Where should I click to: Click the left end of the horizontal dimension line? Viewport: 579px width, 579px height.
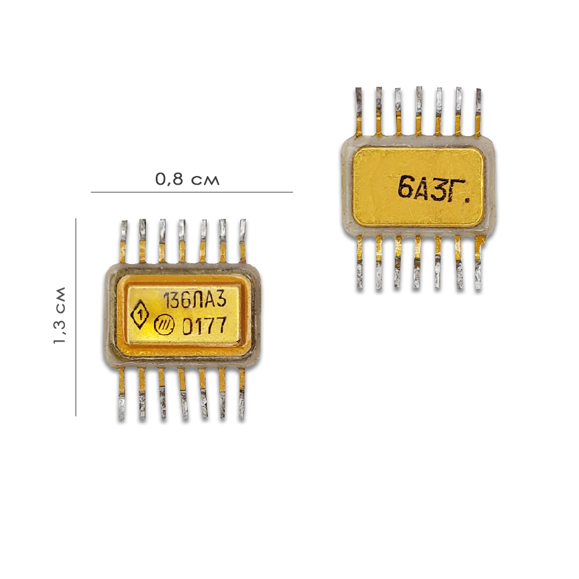point(91,192)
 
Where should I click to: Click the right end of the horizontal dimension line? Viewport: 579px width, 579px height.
point(292,192)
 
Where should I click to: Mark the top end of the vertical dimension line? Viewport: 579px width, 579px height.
point(76,219)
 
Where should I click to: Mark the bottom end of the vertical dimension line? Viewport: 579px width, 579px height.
point(76,416)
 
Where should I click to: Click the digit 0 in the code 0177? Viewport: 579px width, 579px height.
point(189,327)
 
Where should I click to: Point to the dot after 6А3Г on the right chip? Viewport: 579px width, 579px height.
point(467,200)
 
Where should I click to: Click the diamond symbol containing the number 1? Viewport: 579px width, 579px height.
point(140,314)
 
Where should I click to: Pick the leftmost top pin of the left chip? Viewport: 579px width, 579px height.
point(124,241)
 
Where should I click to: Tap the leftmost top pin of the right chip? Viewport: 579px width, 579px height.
point(359,112)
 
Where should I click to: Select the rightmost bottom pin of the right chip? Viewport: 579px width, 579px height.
point(478,263)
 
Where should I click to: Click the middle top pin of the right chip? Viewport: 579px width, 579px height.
point(419,111)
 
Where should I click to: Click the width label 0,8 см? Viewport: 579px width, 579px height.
point(187,179)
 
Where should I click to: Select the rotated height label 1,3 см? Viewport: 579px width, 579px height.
point(60,316)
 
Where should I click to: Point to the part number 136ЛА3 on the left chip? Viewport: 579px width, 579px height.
point(195,299)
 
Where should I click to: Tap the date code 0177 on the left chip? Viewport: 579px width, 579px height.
point(204,326)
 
